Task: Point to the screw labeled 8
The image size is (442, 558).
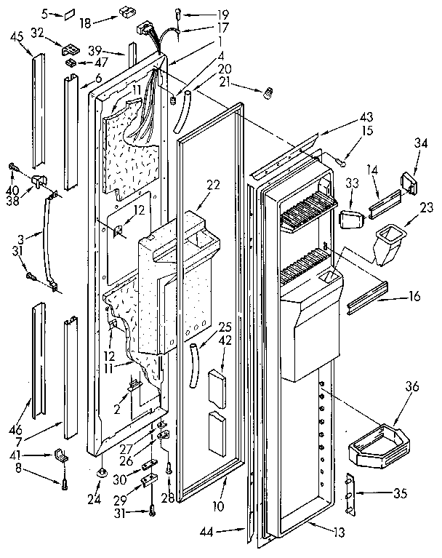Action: tap(65, 479)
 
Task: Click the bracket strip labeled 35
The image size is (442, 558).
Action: tap(352, 494)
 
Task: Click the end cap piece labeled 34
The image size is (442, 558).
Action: tap(407, 181)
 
